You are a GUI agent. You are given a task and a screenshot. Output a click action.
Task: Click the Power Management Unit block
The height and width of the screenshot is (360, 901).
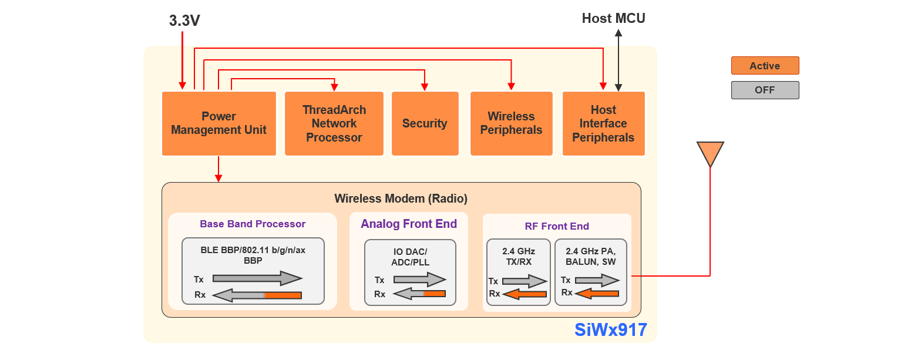[218, 123]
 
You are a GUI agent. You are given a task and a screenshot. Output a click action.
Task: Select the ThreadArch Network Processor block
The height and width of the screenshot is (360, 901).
[334, 123]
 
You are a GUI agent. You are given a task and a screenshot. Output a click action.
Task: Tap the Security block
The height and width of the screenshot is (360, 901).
[425, 123]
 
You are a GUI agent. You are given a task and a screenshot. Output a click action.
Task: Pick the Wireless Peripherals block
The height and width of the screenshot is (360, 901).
[511, 123]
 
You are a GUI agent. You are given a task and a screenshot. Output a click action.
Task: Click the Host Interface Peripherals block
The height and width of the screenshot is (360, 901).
[603, 123]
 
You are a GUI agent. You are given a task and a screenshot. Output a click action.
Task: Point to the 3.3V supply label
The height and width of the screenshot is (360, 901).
[184, 21]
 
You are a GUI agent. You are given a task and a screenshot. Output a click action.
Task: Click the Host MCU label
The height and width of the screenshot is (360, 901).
[613, 18]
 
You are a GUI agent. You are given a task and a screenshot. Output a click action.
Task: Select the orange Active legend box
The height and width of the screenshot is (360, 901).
[765, 66]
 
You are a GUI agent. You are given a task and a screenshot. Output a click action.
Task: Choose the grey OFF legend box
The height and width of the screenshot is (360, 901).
[765, 90]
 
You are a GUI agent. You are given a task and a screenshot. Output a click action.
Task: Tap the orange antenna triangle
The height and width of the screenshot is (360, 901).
[710, 153]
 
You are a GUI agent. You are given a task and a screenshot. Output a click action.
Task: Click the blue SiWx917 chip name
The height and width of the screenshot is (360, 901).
[611, 329]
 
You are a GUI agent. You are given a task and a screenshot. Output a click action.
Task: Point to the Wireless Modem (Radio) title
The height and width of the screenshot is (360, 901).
[401, 198]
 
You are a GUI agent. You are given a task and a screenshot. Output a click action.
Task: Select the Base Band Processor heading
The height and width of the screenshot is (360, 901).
[253, 224]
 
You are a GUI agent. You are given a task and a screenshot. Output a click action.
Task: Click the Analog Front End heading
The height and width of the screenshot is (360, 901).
[409, 224]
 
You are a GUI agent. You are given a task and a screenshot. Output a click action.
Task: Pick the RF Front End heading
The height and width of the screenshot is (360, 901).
[557, 226]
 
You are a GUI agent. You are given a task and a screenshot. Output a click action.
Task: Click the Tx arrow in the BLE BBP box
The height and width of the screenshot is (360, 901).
[257, 278]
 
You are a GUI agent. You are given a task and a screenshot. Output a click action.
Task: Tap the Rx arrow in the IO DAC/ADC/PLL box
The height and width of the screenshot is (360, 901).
[419, 293]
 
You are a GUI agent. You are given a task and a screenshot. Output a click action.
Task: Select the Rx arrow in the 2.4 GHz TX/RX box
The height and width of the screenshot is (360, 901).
[525, 294]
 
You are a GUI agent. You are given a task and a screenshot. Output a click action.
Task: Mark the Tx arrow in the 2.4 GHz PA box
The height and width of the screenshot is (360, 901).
[597, 280]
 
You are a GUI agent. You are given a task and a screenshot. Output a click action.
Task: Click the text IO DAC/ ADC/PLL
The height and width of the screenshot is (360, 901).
[409, 257]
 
